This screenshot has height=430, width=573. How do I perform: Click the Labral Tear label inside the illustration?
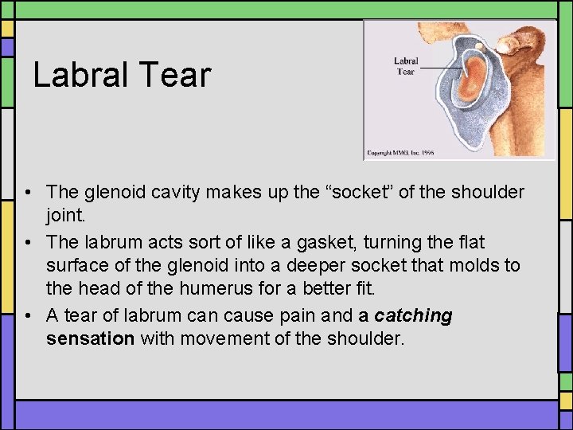tap(405, 66)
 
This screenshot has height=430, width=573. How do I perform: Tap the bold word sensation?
tap(90, 339)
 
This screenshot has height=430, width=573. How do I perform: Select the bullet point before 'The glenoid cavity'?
tap(28, 193)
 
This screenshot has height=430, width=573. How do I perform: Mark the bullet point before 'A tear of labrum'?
tap(28, 315)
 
